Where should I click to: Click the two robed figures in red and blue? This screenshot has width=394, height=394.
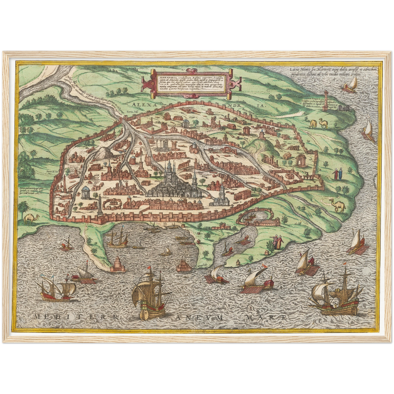pyautogui.click(x=337, y=174)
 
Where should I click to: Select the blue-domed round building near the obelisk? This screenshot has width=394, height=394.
pyautogui.click(x=86, y=192)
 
